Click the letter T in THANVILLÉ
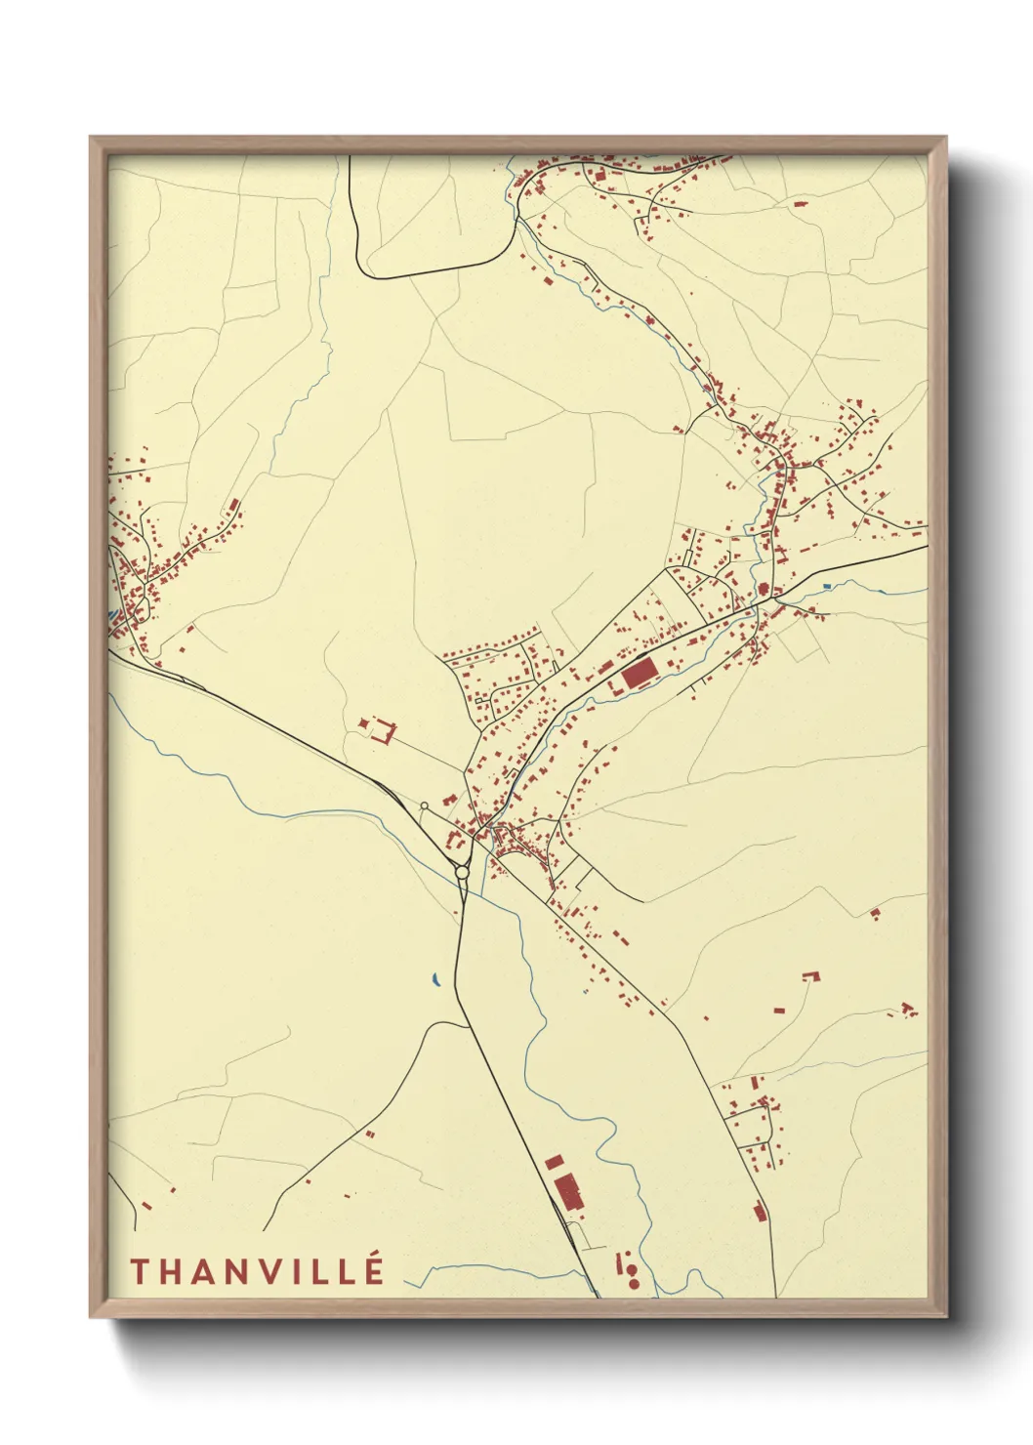[139, 1271]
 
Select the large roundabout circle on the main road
[462, 872]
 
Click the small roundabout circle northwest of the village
[424, 805]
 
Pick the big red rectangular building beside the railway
[639, 674]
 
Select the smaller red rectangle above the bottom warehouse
[555, 1162]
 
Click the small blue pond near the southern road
[435, 977]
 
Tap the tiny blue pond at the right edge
[826, 586]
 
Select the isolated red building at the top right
[801, 204]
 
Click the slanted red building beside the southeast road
[759, 1212]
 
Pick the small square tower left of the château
[364, 722]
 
